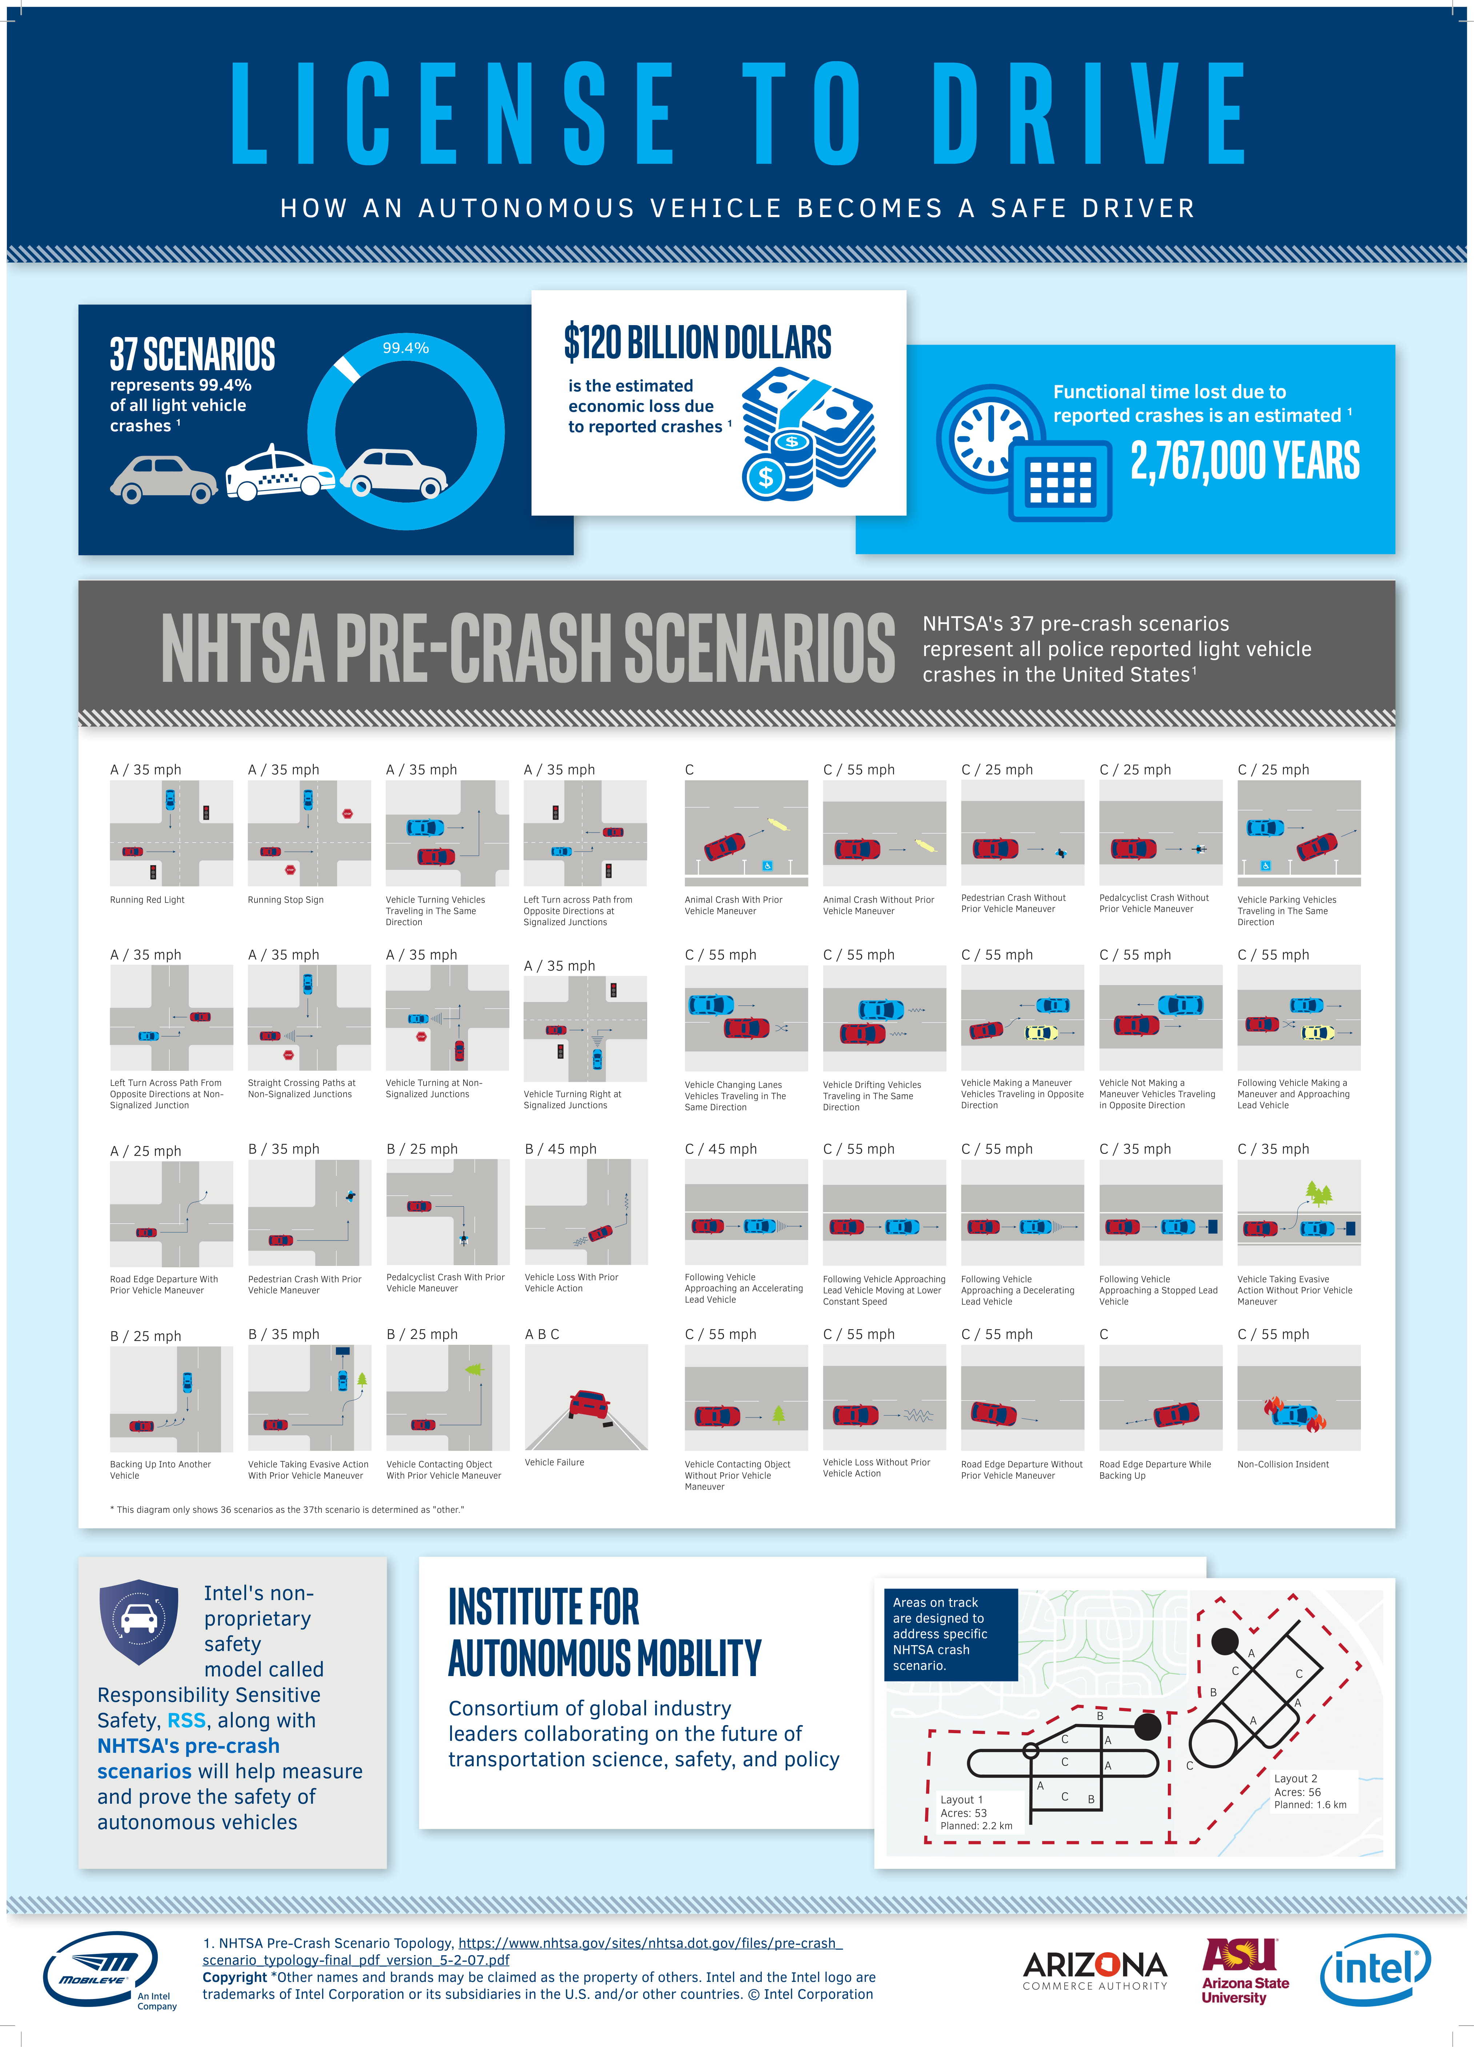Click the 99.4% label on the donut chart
(405, 348)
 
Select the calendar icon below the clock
(1061, 481)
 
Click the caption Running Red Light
(147, 900)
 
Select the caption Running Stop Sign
(285, 900)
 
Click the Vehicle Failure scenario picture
(586, 1397)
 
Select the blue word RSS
(187, 1720)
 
